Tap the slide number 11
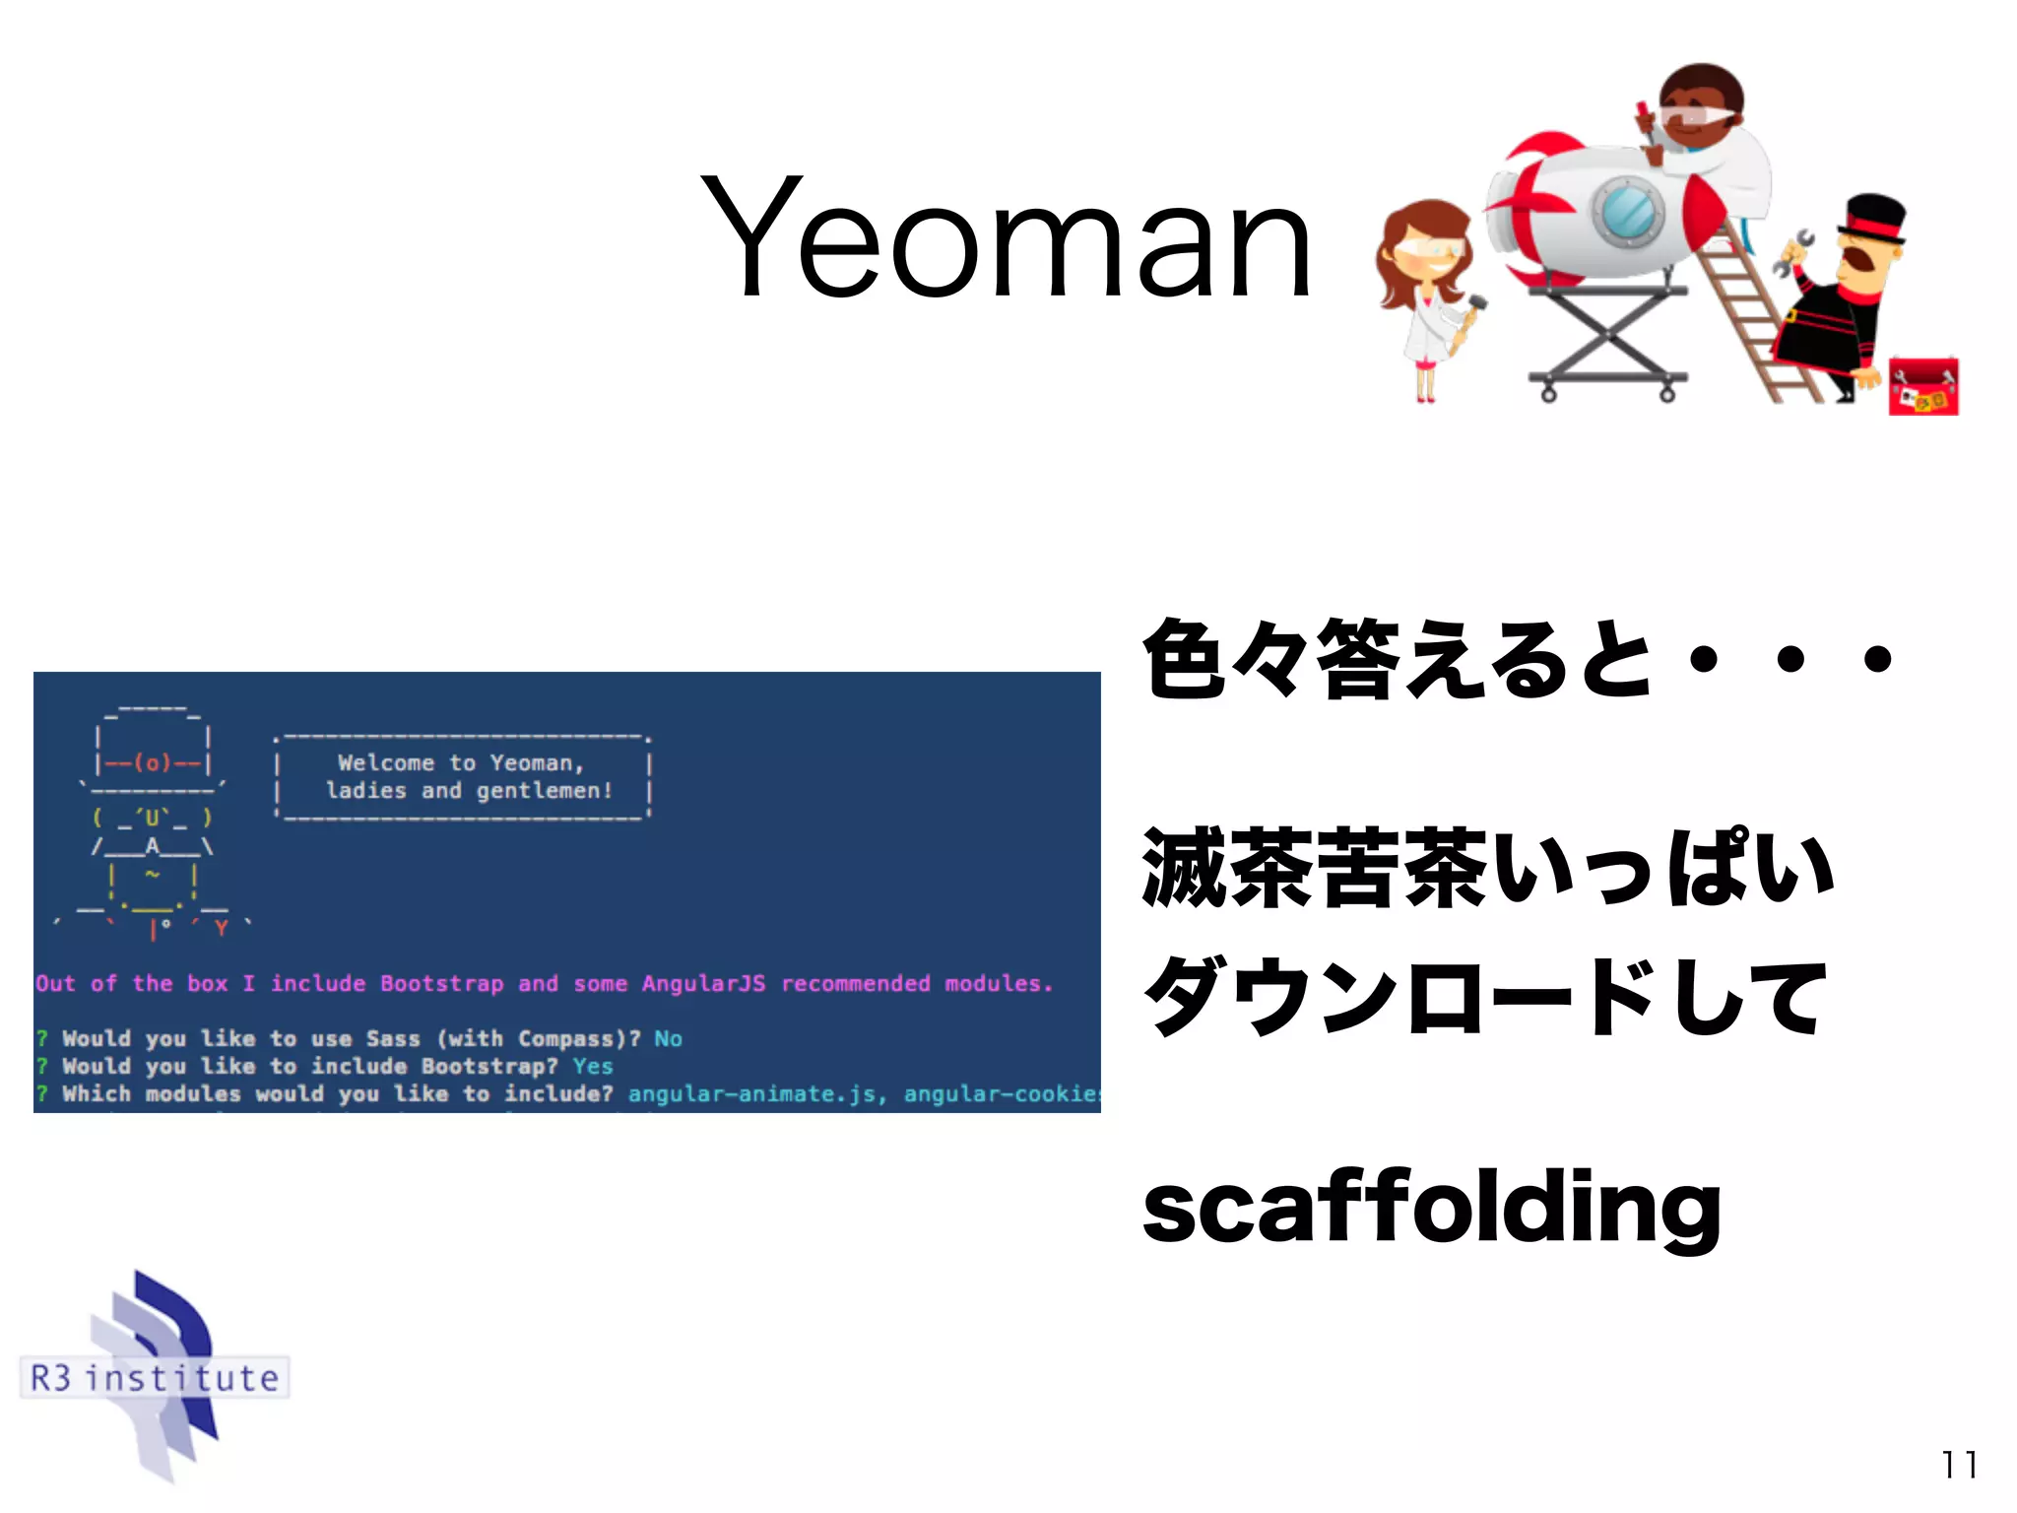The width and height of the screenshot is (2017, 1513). click(x=1959, y=1465)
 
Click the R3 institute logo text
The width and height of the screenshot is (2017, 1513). click(x=155, y=1377)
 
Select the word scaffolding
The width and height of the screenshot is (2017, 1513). click(x=1431, y=1208)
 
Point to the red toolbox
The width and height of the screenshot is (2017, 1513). click(x=1922, y=386)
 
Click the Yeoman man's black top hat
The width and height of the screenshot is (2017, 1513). click(x=1873, y=218)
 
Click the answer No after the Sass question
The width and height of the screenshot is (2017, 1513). click(x=668, y=1038)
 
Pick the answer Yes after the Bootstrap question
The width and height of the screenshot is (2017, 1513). click(x=592, y=1066)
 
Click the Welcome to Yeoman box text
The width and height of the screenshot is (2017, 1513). click(x=463, y=776)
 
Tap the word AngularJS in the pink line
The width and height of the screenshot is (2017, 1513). click(x=703, y=983)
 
